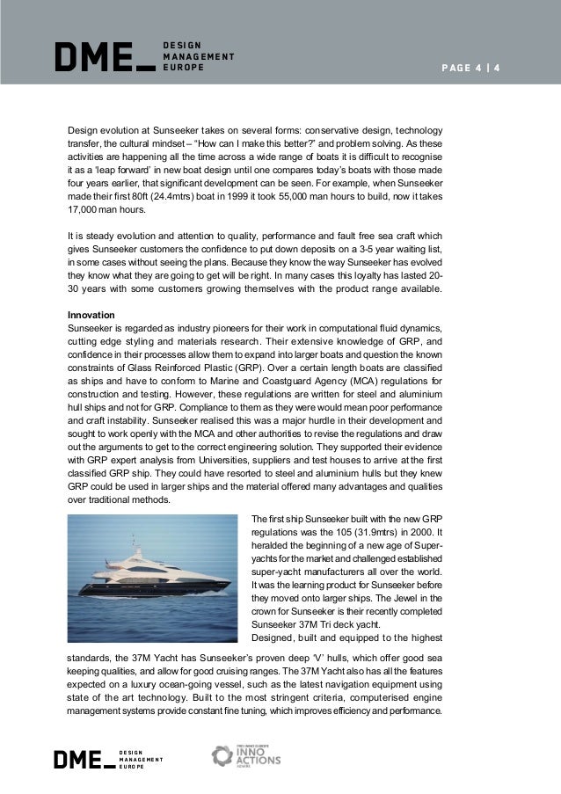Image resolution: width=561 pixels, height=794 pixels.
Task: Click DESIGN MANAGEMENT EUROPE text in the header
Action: pyautogui.click(x=199, y=55)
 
